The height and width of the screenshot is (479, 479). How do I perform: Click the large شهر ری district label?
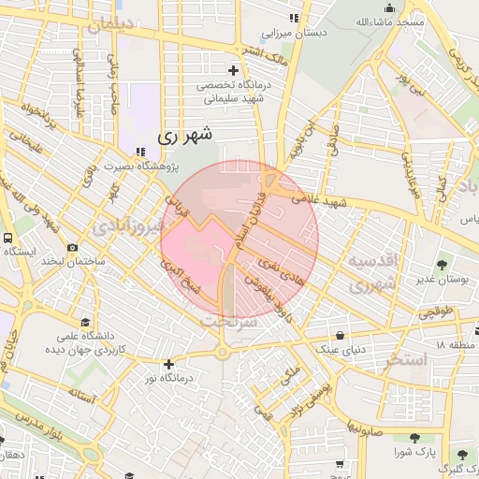(x=185, y=135)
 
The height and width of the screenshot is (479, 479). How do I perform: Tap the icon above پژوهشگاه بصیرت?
(x=139, y=152)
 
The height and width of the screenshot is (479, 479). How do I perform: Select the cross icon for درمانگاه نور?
(x=168, y=364)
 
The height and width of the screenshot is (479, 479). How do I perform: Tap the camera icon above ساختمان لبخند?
(x=72, y=247)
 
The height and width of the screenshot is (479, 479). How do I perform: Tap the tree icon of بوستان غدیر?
(x=442, y=265)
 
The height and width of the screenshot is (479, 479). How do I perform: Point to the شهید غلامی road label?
(x=318, y=200)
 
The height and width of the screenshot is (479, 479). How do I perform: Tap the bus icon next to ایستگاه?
(x=7, y=238)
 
